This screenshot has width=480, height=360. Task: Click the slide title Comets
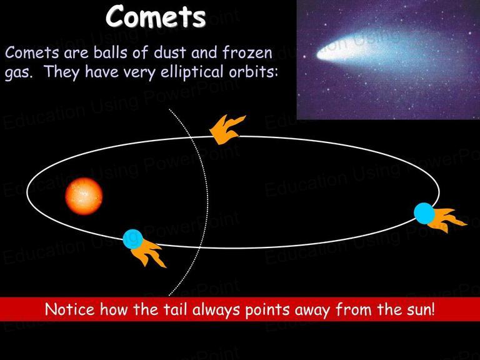(x=156, y=16)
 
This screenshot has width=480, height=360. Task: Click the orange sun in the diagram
(x=84, y=196)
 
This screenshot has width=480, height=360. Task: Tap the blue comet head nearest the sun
(x=133, y=239)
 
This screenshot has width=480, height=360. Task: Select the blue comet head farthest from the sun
(x=424, y=213)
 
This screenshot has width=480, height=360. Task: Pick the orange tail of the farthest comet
(x=447, y=220)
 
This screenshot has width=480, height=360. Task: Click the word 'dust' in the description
(x=169, y=52)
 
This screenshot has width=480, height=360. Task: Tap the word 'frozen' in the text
(x=247, y=52)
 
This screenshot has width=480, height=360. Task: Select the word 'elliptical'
(x=192, y=72)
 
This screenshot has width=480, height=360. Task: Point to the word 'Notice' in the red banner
(x=70, y=309)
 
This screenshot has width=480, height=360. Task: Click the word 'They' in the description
(x=61, y=72)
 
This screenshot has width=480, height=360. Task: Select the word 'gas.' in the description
(x=19, y=74)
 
